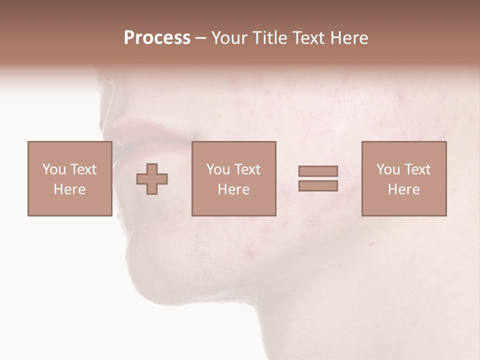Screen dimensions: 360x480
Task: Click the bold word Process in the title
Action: pos(157,38)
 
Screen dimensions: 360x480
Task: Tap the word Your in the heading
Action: pos(229,38)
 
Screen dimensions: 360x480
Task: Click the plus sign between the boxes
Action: pos(152,179)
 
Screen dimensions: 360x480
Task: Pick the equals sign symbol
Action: pos(318,178)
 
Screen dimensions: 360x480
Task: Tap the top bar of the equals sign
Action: pos(318,171)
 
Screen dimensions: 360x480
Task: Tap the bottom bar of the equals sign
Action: pos(318,185)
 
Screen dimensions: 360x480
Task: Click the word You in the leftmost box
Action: pos(54,169)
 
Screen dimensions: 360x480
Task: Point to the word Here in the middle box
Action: pos(233,189)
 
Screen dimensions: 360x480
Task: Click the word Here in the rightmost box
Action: pos(403,189)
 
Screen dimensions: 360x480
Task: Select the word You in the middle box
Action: pos(218,169)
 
